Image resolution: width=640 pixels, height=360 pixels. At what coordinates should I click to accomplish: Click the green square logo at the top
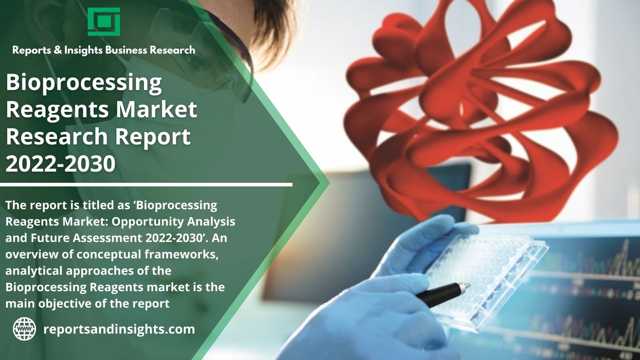[x=104, y=22]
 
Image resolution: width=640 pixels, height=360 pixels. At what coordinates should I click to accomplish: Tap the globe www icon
[x=24, y=329]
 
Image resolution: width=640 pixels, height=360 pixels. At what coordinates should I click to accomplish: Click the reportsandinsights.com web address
[x=119, y=329]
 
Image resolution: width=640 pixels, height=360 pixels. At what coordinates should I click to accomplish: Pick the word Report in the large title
[x=153, y=136]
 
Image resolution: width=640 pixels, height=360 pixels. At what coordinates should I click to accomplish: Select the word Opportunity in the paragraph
[x=148, y=222]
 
